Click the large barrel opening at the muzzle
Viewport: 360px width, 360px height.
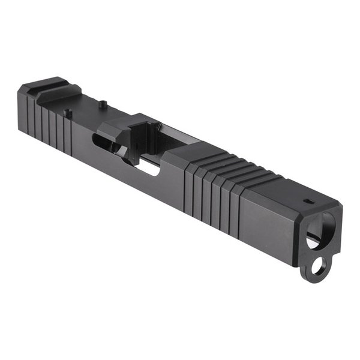pos(316,230)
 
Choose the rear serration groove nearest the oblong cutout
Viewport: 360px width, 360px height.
pos(70,131)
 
